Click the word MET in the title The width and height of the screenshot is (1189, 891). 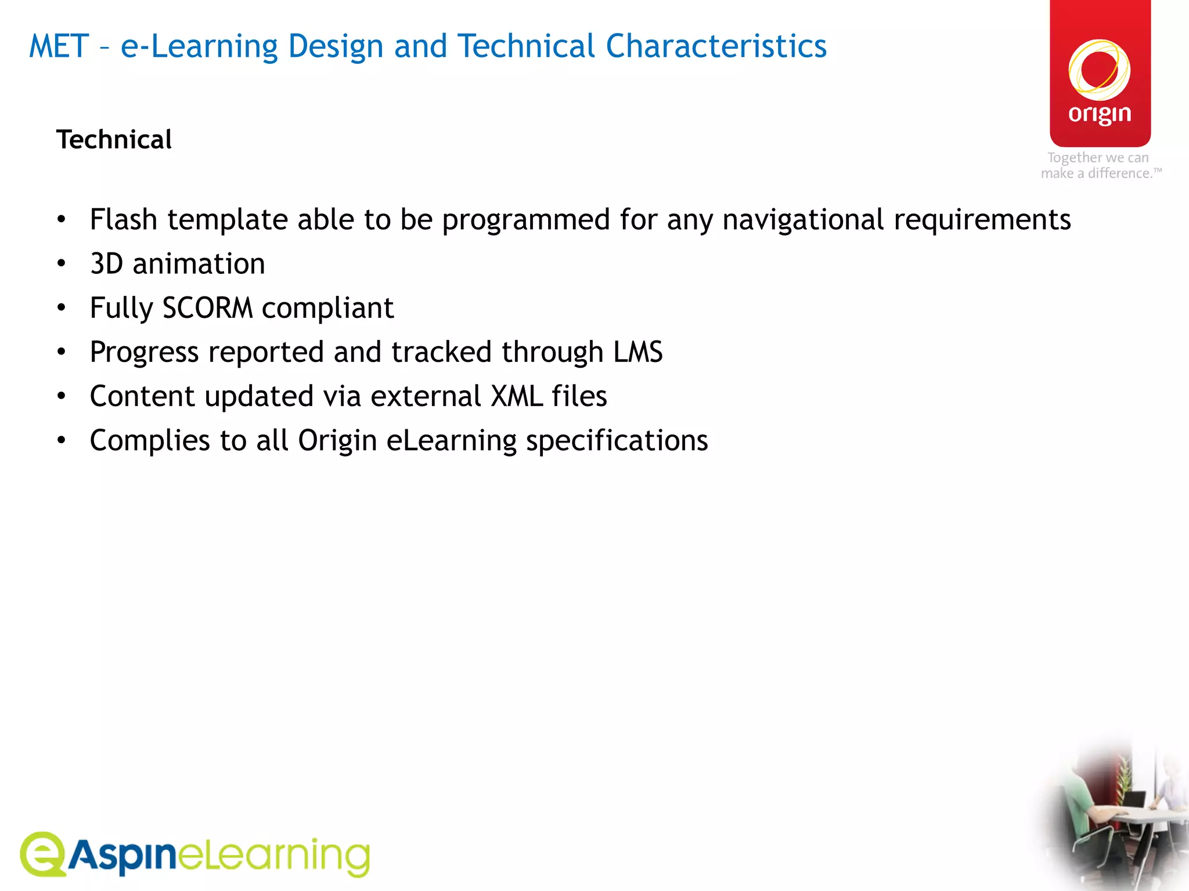tap(59, 46)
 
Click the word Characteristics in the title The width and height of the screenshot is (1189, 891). tap(716, 46)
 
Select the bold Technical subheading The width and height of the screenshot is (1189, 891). tap(114, 140)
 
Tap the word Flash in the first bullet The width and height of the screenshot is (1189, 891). tap(124, 220)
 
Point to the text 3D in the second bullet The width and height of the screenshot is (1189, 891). tap(107, 264)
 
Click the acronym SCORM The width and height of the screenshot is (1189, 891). tap(207, 308)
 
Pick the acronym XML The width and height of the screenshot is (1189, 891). tap(516, 397)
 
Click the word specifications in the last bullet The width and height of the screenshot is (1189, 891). tap(617, 441)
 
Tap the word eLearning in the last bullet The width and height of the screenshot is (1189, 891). tap(451, 441)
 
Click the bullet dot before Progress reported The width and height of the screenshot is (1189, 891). tap(62, 352)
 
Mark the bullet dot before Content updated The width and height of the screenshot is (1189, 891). tap(62, 397)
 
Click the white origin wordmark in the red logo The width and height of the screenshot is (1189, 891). tap(1100, 114)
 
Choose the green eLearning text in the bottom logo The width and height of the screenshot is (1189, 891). tap(273, 856)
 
